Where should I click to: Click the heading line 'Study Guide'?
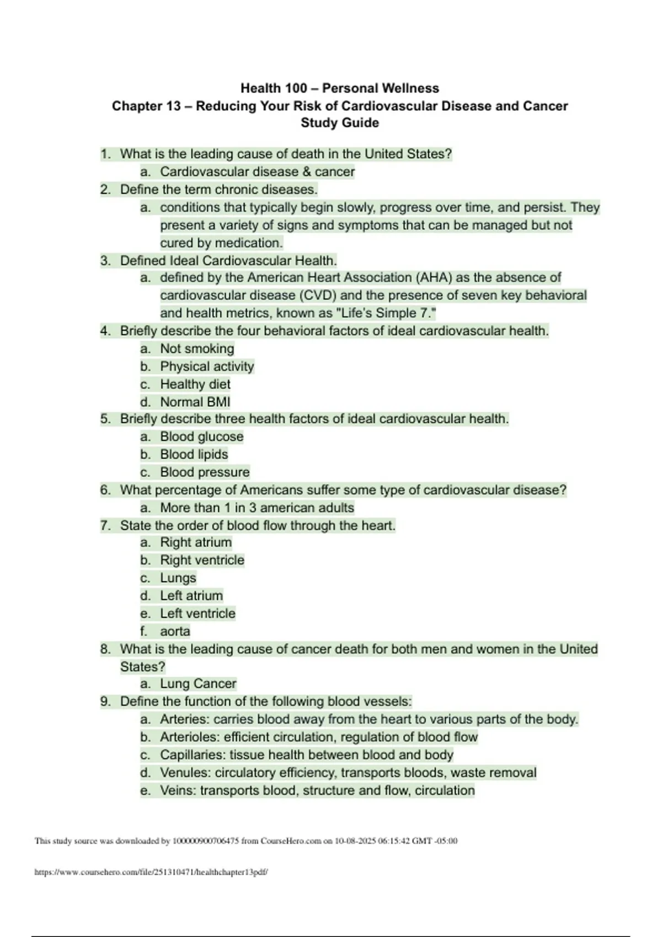coord(339,123)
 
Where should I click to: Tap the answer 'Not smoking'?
coord(197,349)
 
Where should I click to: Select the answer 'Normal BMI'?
coord(195,402)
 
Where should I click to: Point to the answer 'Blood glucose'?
coord(201,437)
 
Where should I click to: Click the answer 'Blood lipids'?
coord(194,455)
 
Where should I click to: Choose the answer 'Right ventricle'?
coord(202,561)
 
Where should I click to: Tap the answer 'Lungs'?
coord(178,578)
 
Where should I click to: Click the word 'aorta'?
coord(175,632)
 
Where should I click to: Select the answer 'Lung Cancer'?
coord(198,684)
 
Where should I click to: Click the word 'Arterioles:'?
coord(190,737)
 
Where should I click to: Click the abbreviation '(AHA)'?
coord(434,278)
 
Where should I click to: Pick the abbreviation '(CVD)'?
coord(318,295)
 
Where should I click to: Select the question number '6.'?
coord(105,490)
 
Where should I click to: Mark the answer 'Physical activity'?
coord(207,367)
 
